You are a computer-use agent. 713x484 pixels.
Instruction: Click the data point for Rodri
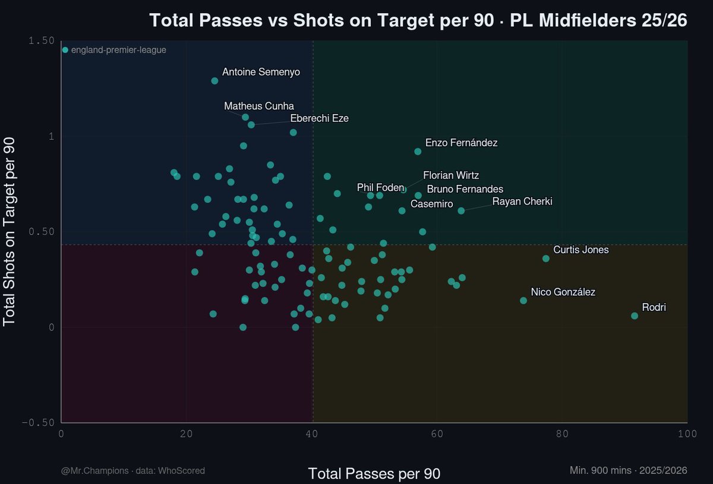coord(635,316)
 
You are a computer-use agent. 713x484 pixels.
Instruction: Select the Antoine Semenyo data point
coord(214,81)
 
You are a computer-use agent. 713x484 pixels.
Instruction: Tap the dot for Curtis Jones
coord(546,259)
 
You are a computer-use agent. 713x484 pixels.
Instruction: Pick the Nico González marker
coord(523,301)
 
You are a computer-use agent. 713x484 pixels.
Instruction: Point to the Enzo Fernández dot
coord(418,152)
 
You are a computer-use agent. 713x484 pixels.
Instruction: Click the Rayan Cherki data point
coord(461,210)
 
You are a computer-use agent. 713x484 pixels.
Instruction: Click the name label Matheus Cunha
coord(259,106)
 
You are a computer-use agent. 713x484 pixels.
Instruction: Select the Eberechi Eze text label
coord(319,118)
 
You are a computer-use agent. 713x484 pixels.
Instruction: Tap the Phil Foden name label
coord(380,188)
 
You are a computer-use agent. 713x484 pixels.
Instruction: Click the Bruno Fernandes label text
coord(465,189)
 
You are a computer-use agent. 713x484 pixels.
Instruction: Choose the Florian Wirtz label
coord(450,176)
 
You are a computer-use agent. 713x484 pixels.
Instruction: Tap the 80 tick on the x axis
coord(562,434)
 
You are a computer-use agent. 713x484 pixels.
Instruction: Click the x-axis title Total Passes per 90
coord(374,474)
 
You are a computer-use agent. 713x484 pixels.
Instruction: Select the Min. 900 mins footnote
coord(628,471)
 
